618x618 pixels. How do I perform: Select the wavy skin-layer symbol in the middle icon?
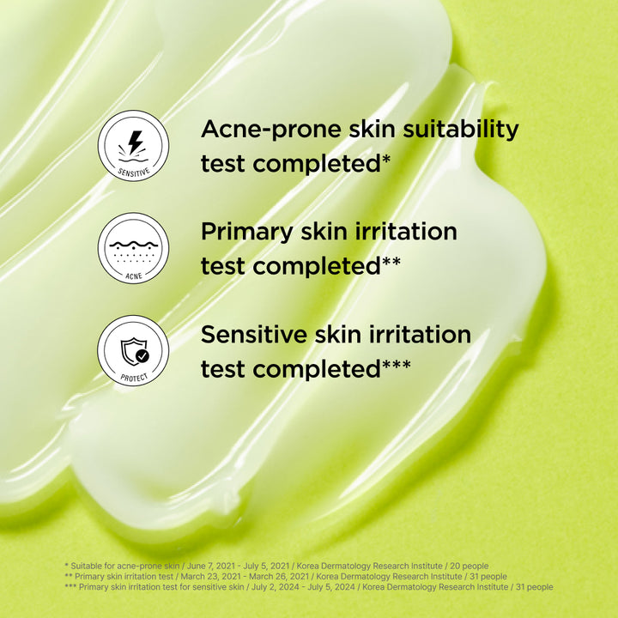tap(133, 246)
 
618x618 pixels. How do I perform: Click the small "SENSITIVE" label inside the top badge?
tap(133, 171)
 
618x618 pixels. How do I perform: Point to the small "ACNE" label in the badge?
tap(133, 276)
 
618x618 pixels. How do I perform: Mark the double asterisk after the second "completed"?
tap(391, 263)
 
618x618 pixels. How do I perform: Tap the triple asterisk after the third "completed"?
tap(396, 366)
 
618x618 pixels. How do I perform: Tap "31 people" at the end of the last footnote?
tap(533, 587)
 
